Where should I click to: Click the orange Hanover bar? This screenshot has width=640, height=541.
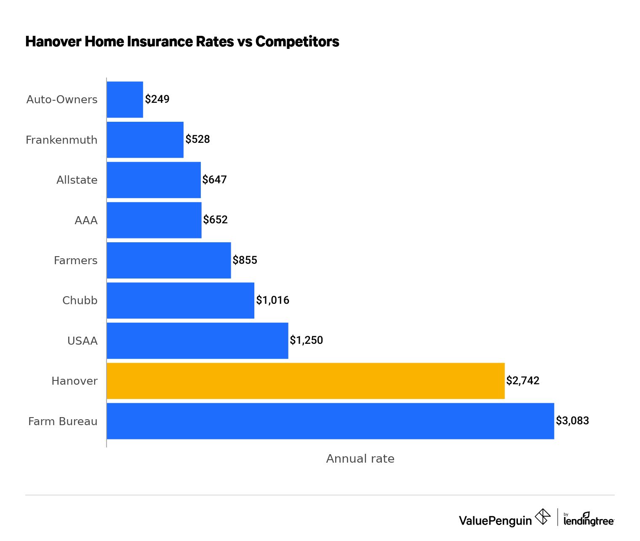coord(305,381)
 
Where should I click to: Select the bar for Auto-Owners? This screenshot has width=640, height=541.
coord(125,99)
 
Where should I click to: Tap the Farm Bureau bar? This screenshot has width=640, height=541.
coord(330,421)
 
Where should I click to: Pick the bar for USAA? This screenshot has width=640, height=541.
coord(197,341)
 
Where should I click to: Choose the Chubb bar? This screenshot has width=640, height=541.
coord(180,300)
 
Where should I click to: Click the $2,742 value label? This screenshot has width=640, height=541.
coord(523,381)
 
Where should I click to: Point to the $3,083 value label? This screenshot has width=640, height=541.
coord(572,421)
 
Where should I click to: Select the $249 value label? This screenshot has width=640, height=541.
coord(157,99)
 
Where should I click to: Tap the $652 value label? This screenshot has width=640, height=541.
coord(215,220)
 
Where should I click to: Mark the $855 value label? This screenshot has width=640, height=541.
coord(245,260)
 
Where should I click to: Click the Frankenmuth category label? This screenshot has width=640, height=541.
coord(61,140)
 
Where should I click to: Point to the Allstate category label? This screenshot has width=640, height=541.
coord(77,180)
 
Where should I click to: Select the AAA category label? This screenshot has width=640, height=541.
coord(86,220)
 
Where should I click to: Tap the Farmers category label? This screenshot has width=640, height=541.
coord(76,260)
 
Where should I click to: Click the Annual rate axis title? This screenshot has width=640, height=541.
coord(360,458)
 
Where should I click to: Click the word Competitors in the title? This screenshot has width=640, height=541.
coord(297,41)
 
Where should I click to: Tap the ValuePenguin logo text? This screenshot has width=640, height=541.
coord(495,521)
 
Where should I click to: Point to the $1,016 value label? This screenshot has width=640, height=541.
coord(272,300)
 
